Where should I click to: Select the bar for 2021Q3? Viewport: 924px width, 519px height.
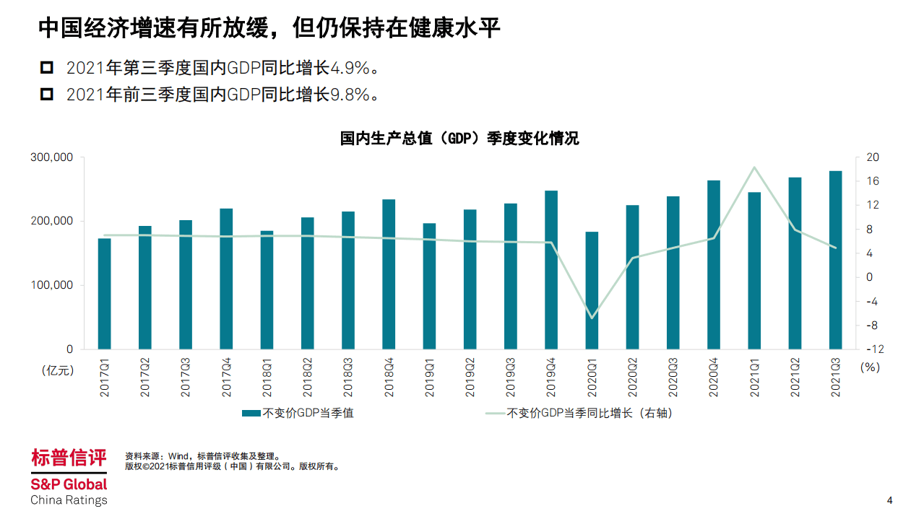pos(835,260)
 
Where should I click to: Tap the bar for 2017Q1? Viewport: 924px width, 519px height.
pos(105,293)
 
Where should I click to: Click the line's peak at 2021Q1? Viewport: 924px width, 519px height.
pos(754,167)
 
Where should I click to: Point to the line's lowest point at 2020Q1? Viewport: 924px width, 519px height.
pos(592,318)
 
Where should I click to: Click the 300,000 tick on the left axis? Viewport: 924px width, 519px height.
pos(51,157)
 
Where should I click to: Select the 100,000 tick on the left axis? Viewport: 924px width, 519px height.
pos(51,285)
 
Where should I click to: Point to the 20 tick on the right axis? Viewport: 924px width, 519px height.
pos(873,157)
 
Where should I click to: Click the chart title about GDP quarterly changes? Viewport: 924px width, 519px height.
pos(459,139)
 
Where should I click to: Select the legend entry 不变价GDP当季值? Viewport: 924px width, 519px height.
pos(298,414)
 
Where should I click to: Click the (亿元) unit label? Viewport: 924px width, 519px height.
pos(58,370)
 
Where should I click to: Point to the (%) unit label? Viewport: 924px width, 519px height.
pos(870,367)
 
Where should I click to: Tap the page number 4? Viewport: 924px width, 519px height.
pos(889,501)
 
